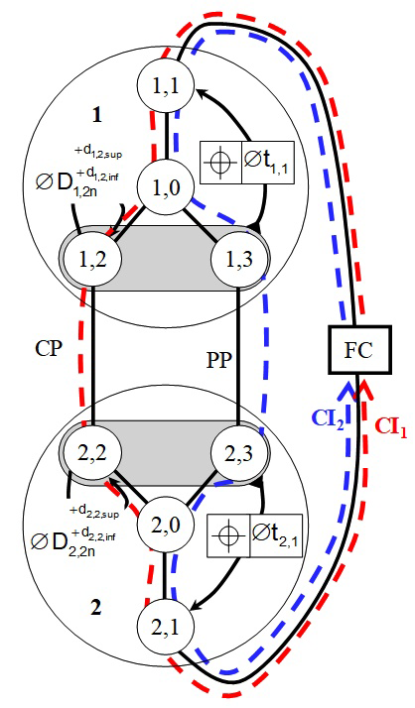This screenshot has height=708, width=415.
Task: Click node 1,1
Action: pos(166,85)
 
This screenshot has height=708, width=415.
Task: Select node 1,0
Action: pos(166,187)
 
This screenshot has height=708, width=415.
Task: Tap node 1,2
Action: pos(91,260)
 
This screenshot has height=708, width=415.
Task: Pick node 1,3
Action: pos(239,260)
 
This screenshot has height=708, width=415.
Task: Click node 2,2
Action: pos(91,453)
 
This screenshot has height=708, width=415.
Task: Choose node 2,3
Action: pos(239,453)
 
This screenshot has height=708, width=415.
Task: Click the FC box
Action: pos(359,350)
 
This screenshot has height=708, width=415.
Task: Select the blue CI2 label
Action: pos(328,418)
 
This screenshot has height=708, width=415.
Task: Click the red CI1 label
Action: pos(391,427)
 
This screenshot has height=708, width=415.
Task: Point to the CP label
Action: pos(50,348)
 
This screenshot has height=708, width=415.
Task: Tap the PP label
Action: pos(219,360)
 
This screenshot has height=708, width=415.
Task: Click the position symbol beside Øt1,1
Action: pos(220,163)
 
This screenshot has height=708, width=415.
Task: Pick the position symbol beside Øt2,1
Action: pos(228,535)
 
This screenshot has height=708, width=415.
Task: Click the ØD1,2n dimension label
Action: pos(78,173)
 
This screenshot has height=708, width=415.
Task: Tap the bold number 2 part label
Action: pos(96,609)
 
